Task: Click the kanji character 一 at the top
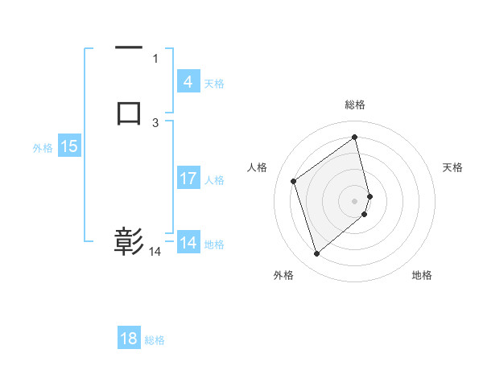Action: (129, 48)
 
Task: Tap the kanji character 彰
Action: (129, 240)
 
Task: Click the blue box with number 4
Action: (188, 82)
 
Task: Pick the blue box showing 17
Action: (188, 179)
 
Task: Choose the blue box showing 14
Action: (188, 243)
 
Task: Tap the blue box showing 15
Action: (69, 146)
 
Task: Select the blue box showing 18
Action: (129, 339)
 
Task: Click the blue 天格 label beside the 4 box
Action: (214, 84)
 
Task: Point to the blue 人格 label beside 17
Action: (214, 180)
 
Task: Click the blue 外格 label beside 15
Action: (43, 148)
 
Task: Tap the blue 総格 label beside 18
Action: (155, 340)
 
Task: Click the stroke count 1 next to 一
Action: (155, 59)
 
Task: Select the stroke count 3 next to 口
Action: (155, 123)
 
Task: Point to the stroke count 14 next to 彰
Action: (155, 252)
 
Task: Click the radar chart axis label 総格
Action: (355, 105)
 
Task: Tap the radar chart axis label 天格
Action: (452, 167)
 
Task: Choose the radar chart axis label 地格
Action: (422, 276)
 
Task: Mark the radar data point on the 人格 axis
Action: (294, 181)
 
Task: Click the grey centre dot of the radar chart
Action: (355, 200)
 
